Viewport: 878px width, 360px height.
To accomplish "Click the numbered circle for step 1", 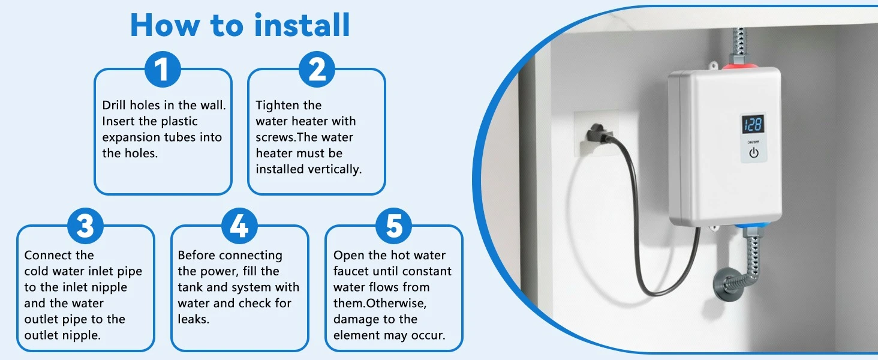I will coord(163,70).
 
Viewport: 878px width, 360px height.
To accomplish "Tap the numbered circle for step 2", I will coord(317,70).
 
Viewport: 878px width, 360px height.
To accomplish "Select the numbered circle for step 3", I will coord(85,227).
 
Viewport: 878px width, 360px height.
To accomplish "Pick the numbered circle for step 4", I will coord(239,227).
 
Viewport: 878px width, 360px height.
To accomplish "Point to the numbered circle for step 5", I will coord(393,227).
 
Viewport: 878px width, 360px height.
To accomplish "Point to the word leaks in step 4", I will coord(193,319).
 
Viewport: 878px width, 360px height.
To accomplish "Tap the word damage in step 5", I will coord(356,319).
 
